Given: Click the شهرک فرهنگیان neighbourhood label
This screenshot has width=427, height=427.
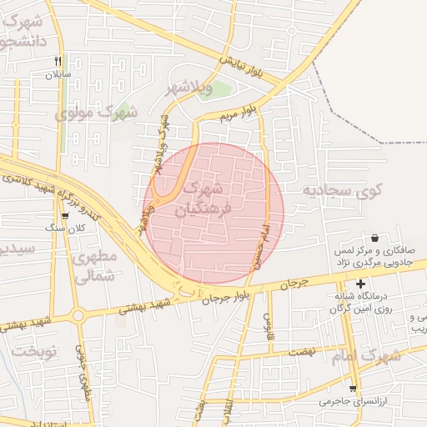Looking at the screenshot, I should click(207, 198).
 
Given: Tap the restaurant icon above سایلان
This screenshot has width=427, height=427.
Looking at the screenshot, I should click(58, 61).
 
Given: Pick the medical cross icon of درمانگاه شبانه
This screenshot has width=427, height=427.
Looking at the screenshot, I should click(360, 284).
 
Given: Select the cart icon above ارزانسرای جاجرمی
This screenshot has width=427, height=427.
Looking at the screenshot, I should click(354, 389).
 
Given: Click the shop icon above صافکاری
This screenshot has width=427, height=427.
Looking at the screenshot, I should click(374, 238).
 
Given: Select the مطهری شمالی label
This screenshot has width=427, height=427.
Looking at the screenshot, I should click(93, 268).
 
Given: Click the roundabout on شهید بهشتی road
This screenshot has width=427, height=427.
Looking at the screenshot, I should click(80, 316).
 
